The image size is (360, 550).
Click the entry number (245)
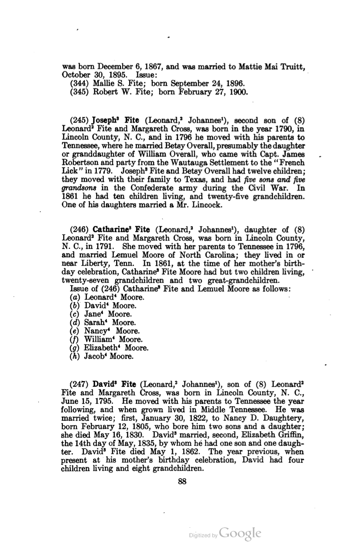click(80, 121)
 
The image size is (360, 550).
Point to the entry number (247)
click(80, 383)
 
